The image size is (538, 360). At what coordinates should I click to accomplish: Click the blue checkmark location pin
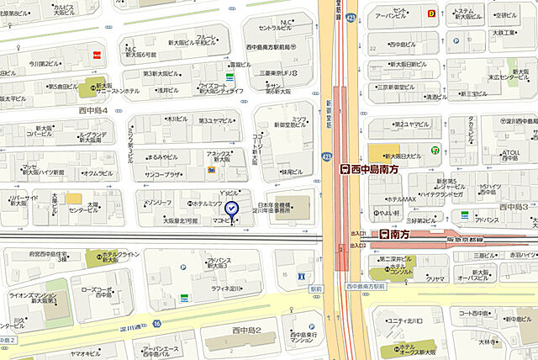coord(234,209)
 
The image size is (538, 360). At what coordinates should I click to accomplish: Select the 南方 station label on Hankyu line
coord(395,234)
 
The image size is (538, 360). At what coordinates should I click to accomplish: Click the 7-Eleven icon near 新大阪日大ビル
coord(435,149)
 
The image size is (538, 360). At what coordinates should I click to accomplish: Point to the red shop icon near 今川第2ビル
coord(97,54)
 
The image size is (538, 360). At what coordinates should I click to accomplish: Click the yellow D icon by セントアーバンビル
coord(431,13)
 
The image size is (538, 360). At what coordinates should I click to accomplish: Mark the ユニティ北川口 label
coord(407,320)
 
